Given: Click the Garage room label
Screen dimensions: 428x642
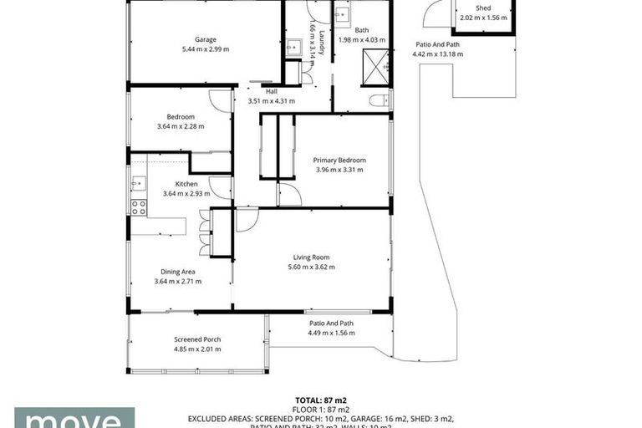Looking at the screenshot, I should coord(206,39).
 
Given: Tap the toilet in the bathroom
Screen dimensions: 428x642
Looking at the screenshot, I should coord(379,100).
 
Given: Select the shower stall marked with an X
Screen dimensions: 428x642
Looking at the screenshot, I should coord(375,67).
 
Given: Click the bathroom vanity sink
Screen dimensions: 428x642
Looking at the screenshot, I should coord(342,17).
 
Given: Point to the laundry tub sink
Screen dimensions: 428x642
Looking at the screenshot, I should coord(292,48).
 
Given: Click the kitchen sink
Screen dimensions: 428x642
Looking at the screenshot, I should coord(138,183).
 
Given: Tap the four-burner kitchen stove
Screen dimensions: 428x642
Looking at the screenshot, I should coord(138,207).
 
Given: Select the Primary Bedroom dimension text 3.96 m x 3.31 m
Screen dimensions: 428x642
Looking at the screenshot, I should coord(339,170).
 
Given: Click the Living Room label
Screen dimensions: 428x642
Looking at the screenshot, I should coord(311,257).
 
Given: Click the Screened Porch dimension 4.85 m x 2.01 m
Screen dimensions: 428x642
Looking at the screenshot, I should coord(197,349).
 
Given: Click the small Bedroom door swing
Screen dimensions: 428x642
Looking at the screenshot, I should coord(220,101).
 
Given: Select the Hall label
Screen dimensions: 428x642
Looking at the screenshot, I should coord(271,91).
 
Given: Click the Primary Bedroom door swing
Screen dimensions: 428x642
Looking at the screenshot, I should coord(289,195).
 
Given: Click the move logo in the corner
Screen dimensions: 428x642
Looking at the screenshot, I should coord(74,417).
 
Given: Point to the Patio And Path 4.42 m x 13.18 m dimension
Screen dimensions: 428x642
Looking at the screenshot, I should coord(437,54).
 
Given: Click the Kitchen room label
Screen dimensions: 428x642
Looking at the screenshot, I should coord(186,184).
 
